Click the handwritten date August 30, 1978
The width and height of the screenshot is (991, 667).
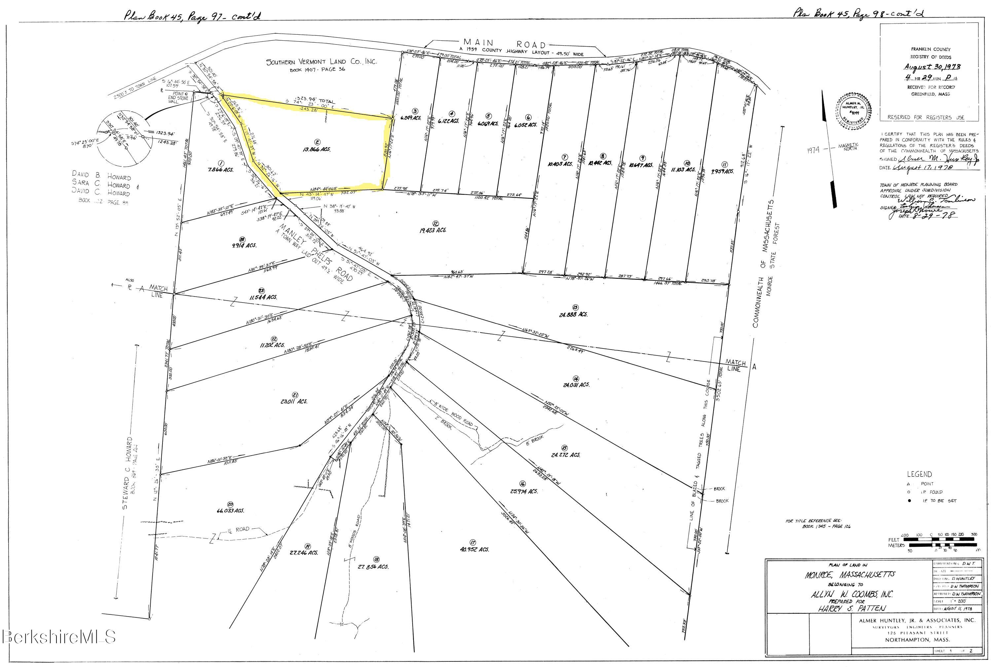tap(932, 67)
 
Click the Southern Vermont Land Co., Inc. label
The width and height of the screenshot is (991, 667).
tap(321, 62)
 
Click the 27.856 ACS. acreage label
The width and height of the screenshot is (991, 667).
tap(373, 567)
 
